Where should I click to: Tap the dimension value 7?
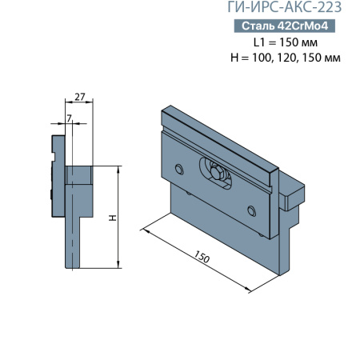coord(70,118)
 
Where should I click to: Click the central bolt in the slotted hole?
coord(218,174)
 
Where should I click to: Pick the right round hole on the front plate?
coord(252,210)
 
